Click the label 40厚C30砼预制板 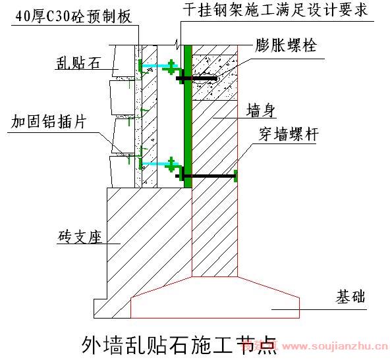point(74,16)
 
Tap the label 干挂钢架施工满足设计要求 point(275,10)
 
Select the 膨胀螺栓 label point(285,45)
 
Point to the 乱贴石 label point(78,63)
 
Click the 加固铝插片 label point(49,121)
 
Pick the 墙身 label point(261,111)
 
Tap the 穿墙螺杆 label point(289,134)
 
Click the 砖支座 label point(80,236)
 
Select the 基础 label point(350,297)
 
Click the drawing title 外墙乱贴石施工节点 point(179,345)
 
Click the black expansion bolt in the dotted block point(196,78)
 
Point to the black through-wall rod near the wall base point(206,176)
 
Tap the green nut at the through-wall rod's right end point(236,176)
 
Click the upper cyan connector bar point(160,66)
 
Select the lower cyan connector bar point(160,164)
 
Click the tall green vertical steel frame point(188,116)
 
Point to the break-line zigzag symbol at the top point(177,43)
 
